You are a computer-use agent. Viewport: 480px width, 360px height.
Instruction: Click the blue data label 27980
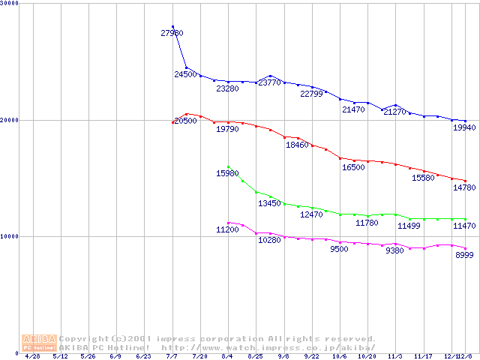pyautogui.click(x=172, y=33)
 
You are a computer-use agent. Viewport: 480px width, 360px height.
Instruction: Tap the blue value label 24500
pyautogui.click(x=185, y=74)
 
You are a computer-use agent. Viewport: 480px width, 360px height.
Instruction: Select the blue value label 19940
pyautogui.click(x=464, y=128)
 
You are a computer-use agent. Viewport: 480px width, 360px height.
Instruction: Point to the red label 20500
pyautogui.click(x=185, y=121)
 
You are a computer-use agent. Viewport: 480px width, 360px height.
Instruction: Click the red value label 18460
pyautogui.click(x=297, y=145)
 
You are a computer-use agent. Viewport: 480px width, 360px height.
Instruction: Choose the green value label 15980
pyautogui.click(x=227, y=173)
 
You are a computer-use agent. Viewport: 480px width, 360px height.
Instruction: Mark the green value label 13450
pyautogui.click(x=269, y=203)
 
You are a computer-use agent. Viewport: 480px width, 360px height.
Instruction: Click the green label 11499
pyautogui.click(x=409, y=226)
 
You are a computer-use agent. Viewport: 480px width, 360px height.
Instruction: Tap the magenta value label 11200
pyautogui.click(x=227, y=230)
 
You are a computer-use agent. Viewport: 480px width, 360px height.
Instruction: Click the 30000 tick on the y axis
pyautogui.click(x=10, y=4)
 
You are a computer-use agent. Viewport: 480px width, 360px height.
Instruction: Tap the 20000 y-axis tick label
pyautogui.click(x=10, y=120)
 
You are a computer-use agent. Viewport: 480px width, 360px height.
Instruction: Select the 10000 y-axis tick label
pyautogui.click(x=10, y=236)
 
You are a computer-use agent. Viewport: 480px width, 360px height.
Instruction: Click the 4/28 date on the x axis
pyautogui.click(x=32, y=356)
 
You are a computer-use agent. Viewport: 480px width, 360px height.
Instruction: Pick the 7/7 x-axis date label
pyautogui.click(x=172, y=356)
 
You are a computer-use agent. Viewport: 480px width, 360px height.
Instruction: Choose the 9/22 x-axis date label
pyautogui.click(x=311, y=356)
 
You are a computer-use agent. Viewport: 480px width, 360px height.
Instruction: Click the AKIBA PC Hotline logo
pyautogui.click(x=39, y=343)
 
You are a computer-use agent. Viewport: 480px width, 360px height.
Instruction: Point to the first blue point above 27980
pyautogui.click(x=172, y=27)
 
